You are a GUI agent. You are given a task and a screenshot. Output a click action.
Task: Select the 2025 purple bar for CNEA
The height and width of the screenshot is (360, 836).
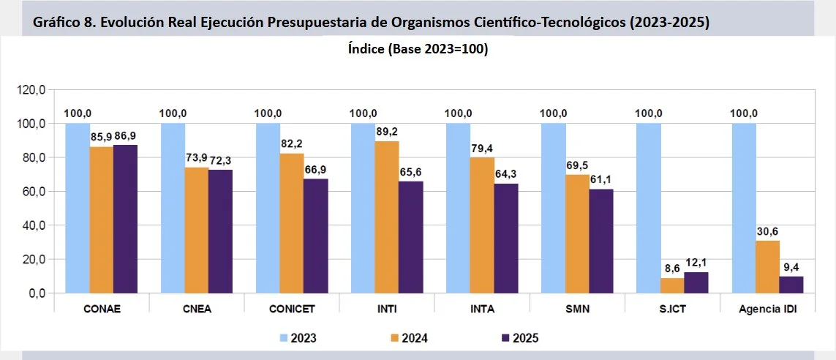220,231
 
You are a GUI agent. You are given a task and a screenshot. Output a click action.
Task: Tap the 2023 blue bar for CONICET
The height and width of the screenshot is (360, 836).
268,208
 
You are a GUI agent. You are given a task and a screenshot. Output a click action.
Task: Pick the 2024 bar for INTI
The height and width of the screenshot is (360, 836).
387,217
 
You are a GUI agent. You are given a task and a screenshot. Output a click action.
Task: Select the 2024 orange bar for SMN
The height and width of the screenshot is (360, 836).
577,233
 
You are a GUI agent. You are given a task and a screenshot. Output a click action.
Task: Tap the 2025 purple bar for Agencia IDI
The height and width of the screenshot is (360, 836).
791,285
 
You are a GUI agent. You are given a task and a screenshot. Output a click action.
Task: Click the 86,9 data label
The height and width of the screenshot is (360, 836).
125,136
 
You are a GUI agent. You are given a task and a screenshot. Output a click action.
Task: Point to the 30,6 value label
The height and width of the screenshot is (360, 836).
767,231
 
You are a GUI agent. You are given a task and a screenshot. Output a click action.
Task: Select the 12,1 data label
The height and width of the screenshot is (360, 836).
696,263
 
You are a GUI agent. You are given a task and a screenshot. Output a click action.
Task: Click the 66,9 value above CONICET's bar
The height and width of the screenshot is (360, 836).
315,170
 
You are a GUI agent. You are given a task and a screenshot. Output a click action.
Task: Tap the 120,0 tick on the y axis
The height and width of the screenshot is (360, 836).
32,90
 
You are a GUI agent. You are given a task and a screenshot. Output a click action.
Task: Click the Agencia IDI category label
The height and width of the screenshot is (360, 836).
767,309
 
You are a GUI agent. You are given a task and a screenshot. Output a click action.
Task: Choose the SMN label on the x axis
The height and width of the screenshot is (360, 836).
577,309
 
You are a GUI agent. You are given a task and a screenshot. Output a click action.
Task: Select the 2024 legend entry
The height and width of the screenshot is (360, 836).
406,338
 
